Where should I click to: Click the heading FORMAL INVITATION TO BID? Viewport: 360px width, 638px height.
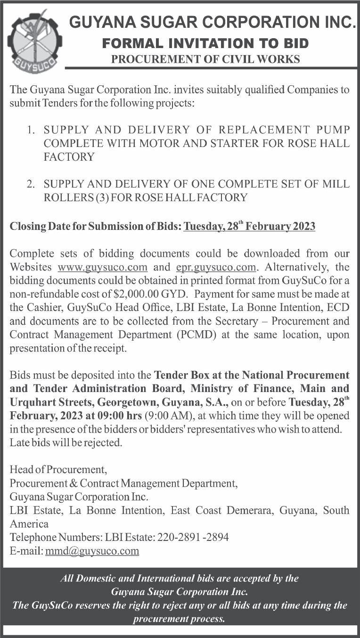tap(205, 44)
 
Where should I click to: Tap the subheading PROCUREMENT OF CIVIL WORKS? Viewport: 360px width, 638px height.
tap(205, 59)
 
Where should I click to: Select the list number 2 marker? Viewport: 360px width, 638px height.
tap(31, 184)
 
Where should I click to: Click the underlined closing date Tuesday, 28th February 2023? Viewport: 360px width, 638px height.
tap(249, 226)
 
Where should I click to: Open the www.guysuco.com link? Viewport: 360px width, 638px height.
tap(103, 267)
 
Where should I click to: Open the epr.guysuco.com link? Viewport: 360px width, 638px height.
tap(216, 267)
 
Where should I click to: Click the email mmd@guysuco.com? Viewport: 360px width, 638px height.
tap(92, 551)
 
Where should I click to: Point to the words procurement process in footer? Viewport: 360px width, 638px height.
tap(179, 619)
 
